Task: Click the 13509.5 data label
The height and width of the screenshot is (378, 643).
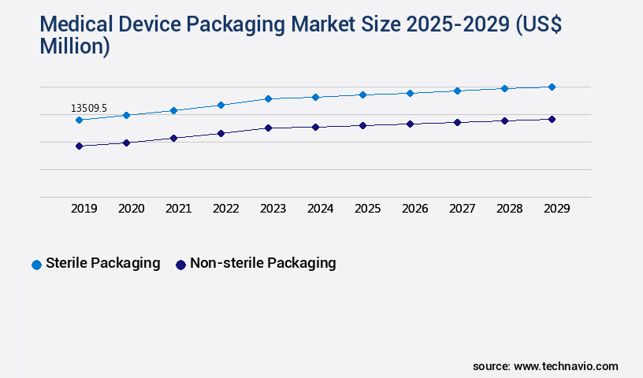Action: tap(88, 108)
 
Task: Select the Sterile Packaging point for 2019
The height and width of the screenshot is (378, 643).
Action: tap(79, 120)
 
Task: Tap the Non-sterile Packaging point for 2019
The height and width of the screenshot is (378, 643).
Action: tap(79, 146)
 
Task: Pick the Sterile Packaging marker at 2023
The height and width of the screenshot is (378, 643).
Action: tap(268, 98)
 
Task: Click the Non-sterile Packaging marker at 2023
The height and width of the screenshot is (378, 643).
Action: tap(268, 128)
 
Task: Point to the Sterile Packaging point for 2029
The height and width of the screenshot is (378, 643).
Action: tap(552, 87)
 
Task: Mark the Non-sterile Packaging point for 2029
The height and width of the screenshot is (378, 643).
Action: tap(552, 119)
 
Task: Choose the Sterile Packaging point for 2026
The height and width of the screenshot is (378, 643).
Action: tap(410, 93)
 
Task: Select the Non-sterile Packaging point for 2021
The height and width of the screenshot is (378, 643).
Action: tap(173, 138)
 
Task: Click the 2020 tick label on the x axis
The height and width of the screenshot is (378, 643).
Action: tap(131, 209)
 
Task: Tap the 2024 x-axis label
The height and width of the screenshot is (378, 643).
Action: tap(320, 209)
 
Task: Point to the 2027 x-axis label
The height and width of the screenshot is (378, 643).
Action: tap(462, 209)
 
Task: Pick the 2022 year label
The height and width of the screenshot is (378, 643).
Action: tap(225, 209)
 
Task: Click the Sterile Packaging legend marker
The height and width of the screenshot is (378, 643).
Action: tap(36, 265)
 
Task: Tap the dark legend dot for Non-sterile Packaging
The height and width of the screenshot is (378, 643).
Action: tap(180, 265)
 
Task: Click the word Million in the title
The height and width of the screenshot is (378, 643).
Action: tap(74, 46)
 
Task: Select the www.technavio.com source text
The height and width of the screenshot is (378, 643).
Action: tap(566, 366)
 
